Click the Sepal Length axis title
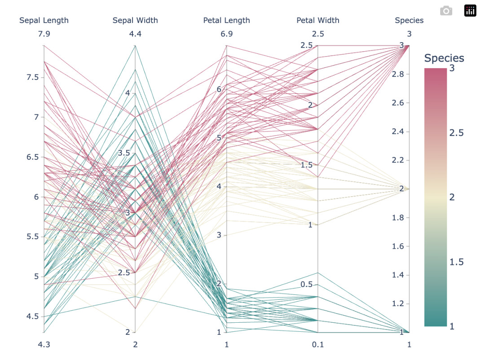point(44,20)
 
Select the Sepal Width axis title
point(135,20)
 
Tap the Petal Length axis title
point(226,20)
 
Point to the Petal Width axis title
point(318,20)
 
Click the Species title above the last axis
point(409,20)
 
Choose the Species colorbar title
point(444,58)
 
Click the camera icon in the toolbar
point(446,11)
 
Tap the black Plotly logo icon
point(470,11)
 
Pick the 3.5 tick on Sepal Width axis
point(124,153)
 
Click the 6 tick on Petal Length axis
point(219,89)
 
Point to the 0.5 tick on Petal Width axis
point(307,285)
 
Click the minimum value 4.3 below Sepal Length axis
point(44,345)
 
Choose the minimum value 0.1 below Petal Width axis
point(318,345)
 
